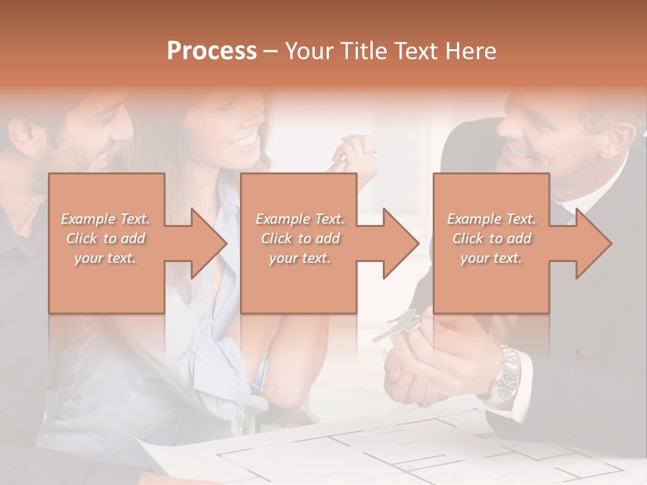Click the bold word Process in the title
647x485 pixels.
coord(212,51)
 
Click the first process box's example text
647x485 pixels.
coord(105,238)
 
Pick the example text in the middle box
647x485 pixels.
coord(300,238)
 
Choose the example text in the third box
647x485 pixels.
coord(491,238)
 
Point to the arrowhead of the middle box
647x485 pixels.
coord(400,243)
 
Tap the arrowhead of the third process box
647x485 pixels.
coord(593,243)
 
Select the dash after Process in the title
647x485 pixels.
coord(270,51)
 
